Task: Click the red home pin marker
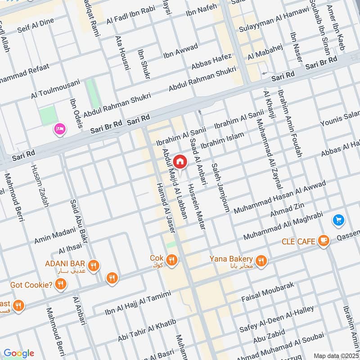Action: tap(180, 161)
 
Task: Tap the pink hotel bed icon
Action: tap(59, 129)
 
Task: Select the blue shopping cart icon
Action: tap(338, 220)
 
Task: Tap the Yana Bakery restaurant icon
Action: tap(261, 260)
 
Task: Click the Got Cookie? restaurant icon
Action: tap(61, 284)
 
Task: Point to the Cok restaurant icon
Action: tap(171, 260)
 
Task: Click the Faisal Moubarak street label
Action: tap(268, 293)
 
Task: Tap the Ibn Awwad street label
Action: tap(180, 51)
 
